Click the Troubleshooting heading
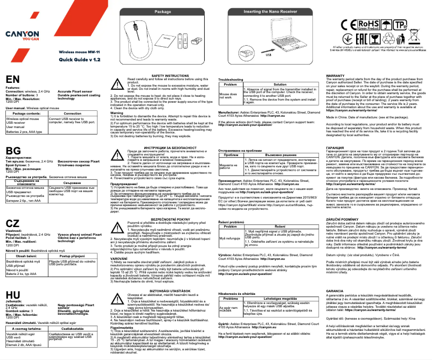(x=230, y=79)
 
